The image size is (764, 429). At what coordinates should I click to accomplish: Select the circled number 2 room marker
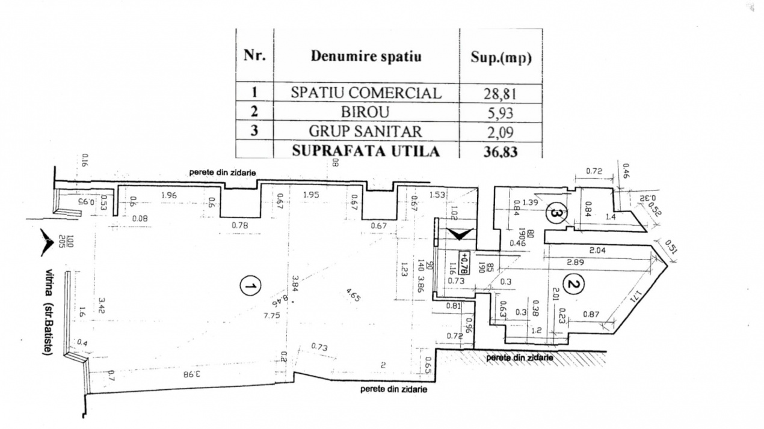[573, 283]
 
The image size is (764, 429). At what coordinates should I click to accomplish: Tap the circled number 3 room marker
[555, 213]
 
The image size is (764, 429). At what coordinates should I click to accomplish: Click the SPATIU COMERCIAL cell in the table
[366, 93]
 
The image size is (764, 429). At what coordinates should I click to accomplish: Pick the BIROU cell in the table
[366, 112]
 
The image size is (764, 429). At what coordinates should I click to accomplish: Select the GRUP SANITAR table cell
[366, 131]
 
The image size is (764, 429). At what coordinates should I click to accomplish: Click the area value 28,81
[501, 94]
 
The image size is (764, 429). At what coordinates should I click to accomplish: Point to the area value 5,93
[501, 112]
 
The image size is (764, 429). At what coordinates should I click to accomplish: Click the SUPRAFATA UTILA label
[366, 151]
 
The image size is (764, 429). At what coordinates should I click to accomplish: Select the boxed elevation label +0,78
[464, 263]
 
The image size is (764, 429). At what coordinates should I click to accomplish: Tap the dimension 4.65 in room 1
[354, 296]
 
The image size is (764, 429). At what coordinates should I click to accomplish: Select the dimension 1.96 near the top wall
[169, 195]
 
